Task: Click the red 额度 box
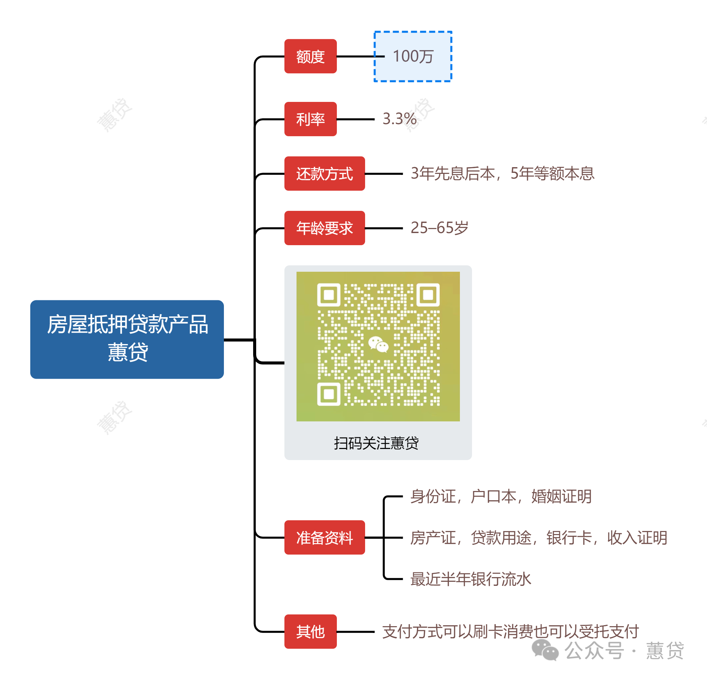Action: tap(310, 56)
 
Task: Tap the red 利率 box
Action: tap(310, 119)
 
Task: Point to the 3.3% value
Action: tap(399, 119)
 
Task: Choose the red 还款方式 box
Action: tap(324, 174)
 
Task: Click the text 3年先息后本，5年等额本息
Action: tap(502, 174)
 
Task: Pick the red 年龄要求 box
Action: tap(324, 228)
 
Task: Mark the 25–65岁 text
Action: tap(439, 228)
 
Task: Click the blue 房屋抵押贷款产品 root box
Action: tap(127, 339)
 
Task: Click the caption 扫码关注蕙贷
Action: tap(376, 443)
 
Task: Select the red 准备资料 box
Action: tap(324, 537)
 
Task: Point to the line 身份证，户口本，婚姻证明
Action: tap(501, 496)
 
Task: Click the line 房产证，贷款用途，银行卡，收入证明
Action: tap(538, 537)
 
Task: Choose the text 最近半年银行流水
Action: tap(470, 579)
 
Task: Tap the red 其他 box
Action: tap(310, 631)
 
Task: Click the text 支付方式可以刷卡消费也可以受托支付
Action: tap(510, 631)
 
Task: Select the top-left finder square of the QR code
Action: tap(328, 295)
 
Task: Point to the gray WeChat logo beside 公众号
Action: tap(545, 650)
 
